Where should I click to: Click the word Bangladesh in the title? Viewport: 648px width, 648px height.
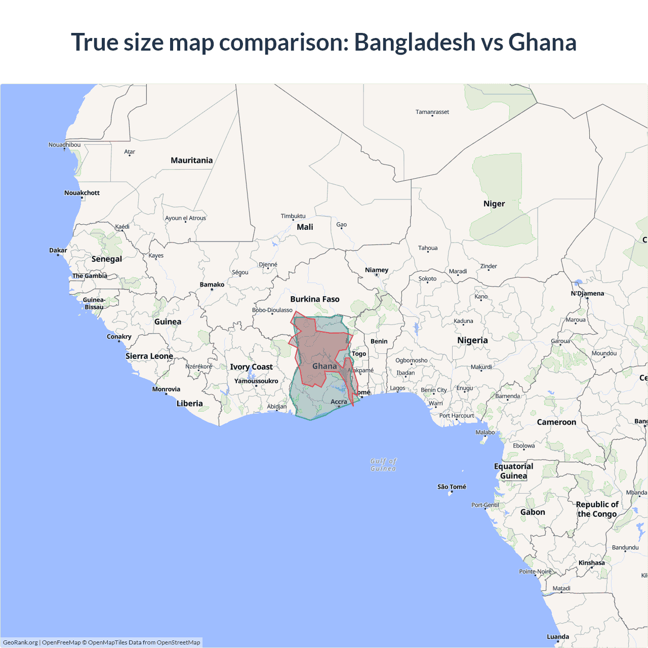pos(415,42)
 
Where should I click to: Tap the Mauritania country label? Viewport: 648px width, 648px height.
pos(191,160)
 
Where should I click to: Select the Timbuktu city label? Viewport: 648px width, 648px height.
pos(293,216)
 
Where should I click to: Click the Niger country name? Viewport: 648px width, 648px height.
pos(494,204)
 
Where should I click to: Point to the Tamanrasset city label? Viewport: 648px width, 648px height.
pos(432,112)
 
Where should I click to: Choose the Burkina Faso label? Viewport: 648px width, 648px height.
pos(314,299)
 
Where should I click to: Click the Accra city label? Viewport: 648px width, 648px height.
pos(339,402)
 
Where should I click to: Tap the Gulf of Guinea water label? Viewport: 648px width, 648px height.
pos(383,465)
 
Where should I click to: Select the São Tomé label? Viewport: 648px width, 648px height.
pos(452,487)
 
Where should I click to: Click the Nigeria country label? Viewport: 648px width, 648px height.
pos(472,340)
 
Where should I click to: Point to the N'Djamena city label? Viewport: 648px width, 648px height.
pos(587,294)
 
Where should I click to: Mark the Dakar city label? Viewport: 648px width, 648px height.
pos(58,250)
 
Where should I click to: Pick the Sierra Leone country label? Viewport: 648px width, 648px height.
pos(149,356)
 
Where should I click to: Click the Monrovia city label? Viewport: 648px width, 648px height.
pos(166,389)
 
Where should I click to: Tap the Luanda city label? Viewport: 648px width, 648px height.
pos(558,637)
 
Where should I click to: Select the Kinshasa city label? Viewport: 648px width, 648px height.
pos(591,563)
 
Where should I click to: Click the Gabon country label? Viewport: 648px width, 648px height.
pos(533,512)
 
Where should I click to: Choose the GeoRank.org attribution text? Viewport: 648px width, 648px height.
pos(20,642)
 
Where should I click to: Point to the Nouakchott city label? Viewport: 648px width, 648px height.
pos(82,193)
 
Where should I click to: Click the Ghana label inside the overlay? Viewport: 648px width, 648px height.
pos(325,366)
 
